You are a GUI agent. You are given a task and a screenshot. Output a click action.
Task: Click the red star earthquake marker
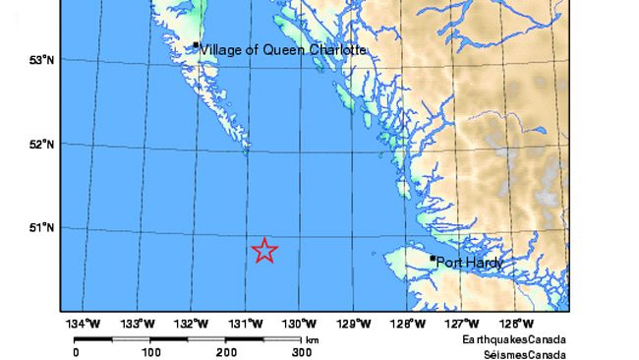[264, 251]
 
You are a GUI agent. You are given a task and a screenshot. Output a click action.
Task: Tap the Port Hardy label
[469, 263]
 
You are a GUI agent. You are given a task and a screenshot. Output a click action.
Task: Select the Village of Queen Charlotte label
[283, 49]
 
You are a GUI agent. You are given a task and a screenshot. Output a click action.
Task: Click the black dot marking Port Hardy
[433, 258]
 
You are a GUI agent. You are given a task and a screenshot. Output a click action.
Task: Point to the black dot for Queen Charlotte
[197, 44]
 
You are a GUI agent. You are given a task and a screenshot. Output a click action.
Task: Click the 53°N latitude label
[41, 60]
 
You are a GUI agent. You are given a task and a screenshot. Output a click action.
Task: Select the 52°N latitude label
[41, 145]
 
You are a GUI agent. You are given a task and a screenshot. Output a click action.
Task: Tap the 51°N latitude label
[41, 228]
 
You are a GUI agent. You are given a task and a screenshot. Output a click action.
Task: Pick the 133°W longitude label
[139, 323]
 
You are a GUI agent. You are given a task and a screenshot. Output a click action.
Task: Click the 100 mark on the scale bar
[150, 351]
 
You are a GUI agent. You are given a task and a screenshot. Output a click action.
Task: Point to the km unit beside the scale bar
[312, 340]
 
